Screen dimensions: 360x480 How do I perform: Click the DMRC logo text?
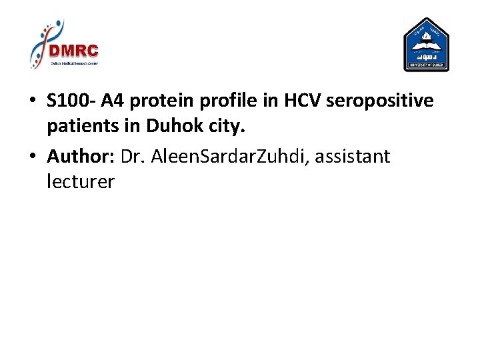[73, 51]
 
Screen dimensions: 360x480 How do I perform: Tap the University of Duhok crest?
[427, 44]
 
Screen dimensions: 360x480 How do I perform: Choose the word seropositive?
[379, 102]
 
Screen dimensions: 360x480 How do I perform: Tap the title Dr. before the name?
[133, 157]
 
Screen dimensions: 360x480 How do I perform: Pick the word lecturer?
[81, 181]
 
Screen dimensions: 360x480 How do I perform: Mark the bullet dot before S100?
[32, 102]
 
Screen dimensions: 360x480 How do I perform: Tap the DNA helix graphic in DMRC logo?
[41, 41]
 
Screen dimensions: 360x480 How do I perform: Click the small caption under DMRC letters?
[73, 63]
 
